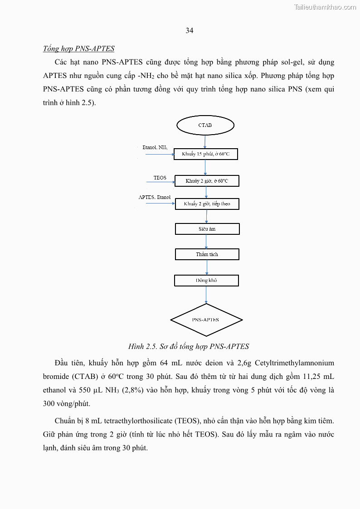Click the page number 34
pos(190,30)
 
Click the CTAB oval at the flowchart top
pos(205,125)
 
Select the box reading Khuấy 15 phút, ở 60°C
pos(206,155)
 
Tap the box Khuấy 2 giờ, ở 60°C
pos(207,181)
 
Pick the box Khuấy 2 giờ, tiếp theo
pos(207,204)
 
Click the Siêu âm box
pos(207,229)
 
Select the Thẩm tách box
pos(207,254)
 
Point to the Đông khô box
pos(206,281)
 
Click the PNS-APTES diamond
pos(206,320)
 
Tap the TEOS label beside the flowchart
pos(160,178)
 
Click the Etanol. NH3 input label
pos(155,148)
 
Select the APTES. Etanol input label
pos(155,197)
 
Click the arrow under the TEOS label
pos(161,183)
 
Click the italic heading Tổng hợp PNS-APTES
pos(79,49)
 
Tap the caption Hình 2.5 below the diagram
pos(189,347)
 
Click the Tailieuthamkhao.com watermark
pos(325,7)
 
